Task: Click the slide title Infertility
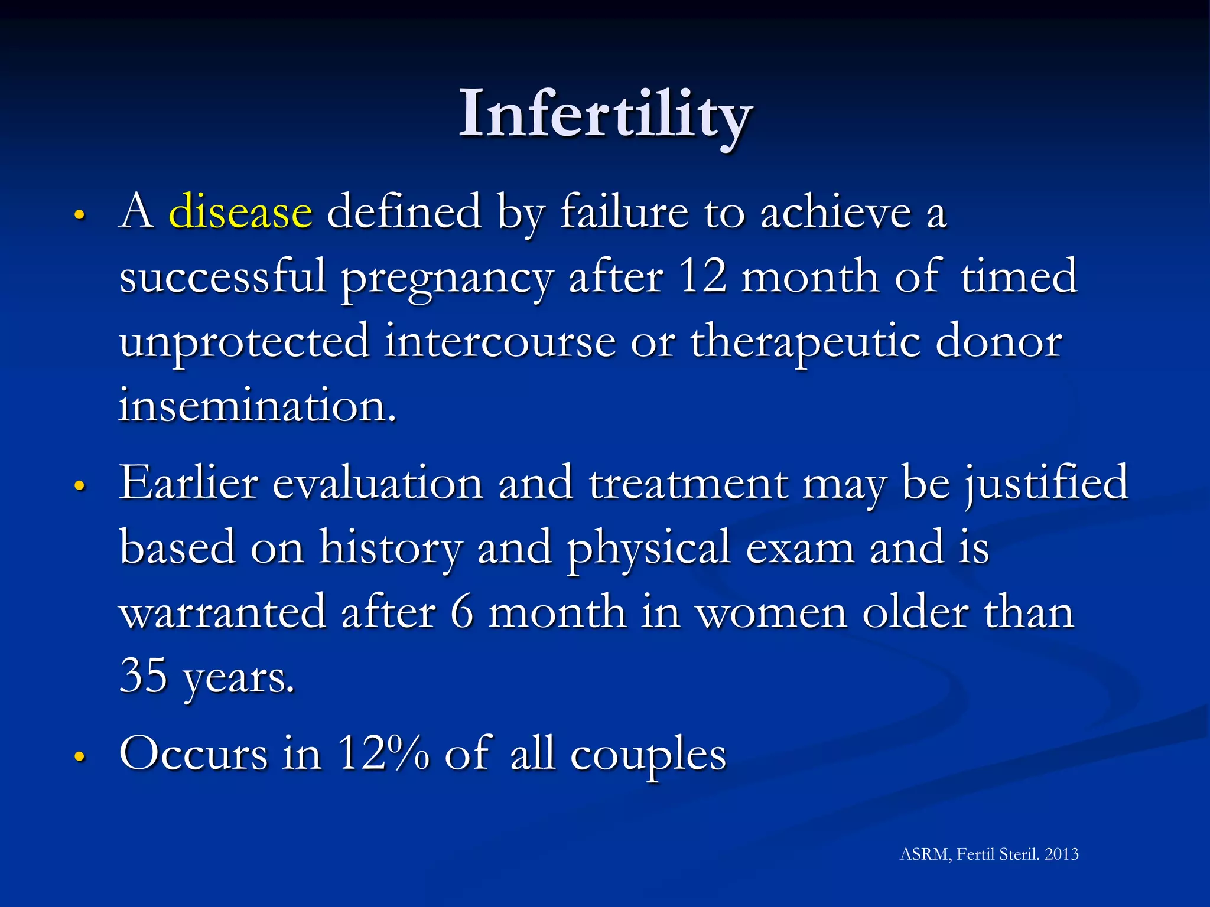click(605, 113)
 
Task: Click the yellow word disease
click(240, 211)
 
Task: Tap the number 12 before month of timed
click(702, 276)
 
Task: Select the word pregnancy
click(447, 279)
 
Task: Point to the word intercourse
click(500, 341)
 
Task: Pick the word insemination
click(257, 406)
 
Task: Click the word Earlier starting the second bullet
click(188, 483)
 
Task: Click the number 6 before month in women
click(461, 612)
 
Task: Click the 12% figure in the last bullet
click(383, 753)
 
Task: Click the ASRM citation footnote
click(988, 854)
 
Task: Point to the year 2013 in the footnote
click(1061, 854)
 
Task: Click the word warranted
click(223, 612)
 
